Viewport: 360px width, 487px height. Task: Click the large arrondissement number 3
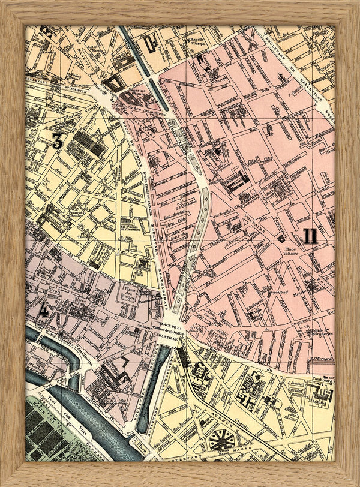58,141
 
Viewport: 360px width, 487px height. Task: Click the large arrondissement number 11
310,236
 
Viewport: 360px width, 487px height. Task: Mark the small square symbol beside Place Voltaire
280,238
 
